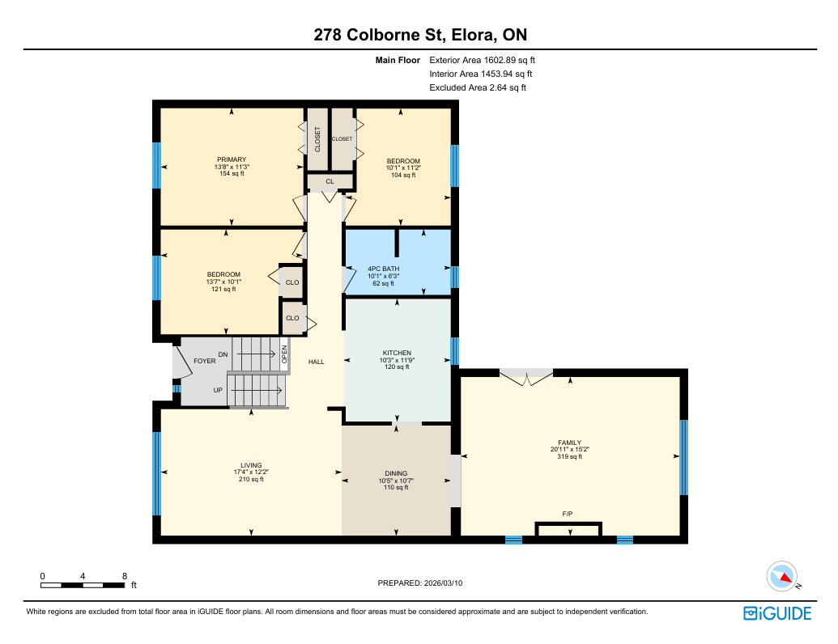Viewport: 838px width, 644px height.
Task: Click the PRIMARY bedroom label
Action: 232,159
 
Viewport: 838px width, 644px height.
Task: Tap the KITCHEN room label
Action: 397,353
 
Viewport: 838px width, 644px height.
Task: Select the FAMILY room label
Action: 570,443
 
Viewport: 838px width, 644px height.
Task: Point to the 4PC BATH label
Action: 383,269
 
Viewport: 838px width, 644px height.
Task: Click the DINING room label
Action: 396,473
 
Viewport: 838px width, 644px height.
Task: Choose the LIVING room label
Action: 251,466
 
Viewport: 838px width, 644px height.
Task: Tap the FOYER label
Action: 205,361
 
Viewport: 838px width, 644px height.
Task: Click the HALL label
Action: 317,362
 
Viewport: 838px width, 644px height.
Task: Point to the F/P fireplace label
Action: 568,514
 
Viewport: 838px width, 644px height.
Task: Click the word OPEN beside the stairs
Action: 284,354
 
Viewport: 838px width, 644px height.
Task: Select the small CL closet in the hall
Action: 330,181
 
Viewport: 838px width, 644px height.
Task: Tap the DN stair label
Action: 223,354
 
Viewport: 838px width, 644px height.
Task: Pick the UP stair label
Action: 218,390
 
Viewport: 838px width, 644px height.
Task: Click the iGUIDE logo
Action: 777,613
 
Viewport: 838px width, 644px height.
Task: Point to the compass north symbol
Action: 782,577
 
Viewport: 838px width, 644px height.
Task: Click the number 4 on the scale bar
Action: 83,576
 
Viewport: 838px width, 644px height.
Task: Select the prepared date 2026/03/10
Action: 443,583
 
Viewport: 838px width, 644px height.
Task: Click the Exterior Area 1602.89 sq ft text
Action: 482,61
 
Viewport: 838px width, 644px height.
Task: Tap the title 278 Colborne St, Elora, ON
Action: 420,35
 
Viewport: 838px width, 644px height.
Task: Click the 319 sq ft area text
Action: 570,456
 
